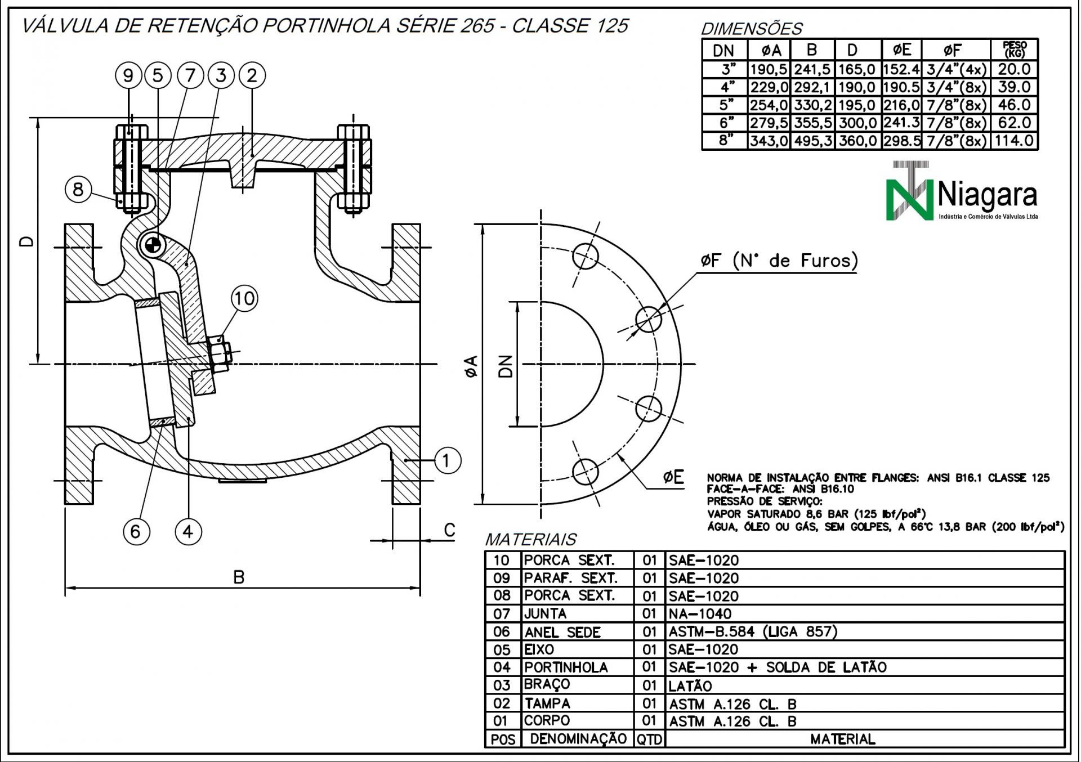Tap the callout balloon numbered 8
coord(78,189)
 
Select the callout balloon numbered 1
coord(447,461)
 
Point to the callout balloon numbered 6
coord(136,531)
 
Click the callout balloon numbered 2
coord(252,75)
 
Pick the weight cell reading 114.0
coord(1013,141)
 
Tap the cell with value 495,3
coord(812,141)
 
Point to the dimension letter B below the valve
coord(239,577)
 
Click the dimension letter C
coord(449,530)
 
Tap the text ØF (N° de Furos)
coord(780,261)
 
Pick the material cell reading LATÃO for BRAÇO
coord(690,686)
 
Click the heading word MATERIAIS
coord(530,540)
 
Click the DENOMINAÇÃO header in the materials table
coord(578,738)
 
